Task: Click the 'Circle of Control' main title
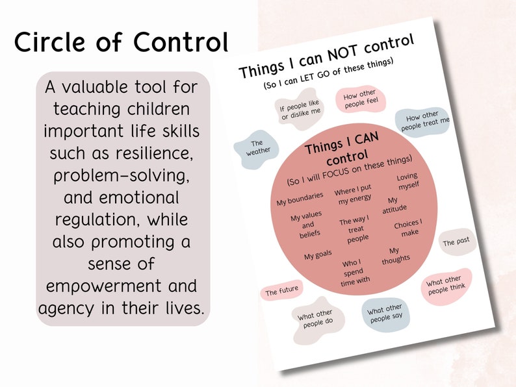coord(121,42)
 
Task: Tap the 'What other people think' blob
coord(446,285)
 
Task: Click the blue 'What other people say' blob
coord(385,313)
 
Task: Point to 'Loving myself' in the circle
coord(408,181)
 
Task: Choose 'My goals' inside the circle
coord(318,255)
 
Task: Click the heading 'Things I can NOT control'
coord(326,56)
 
